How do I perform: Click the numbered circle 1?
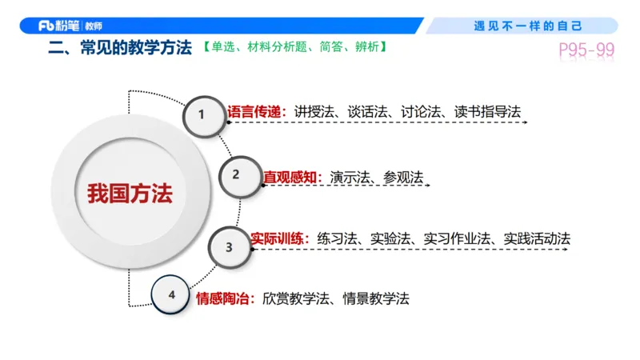(202, 114)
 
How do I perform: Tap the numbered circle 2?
(235, 174)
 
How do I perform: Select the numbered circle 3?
(229, 247)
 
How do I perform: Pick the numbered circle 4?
(172, 294)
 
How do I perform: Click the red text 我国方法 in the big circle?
(130, 193)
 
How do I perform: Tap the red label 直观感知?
(292, 177)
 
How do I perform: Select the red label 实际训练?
(279, 238)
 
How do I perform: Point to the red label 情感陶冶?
(225, 298)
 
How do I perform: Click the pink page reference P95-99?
(586, 50)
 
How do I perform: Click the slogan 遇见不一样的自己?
(528, 26)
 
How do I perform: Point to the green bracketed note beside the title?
(295, 48)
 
